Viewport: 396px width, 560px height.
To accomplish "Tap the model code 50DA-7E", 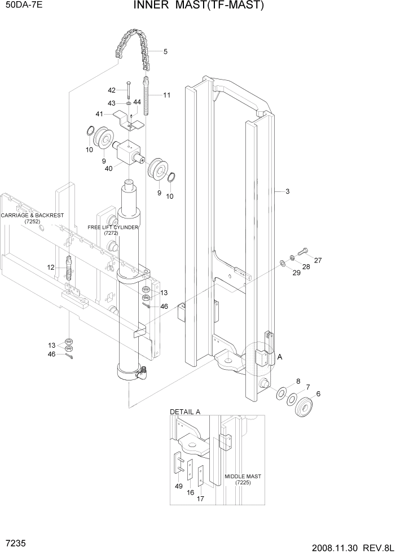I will tap(23, 7).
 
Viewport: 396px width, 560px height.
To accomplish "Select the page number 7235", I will tap(15, 542).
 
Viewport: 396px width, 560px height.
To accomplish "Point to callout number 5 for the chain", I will tap(165, 52).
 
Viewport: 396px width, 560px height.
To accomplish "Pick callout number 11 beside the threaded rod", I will tap(166, 95).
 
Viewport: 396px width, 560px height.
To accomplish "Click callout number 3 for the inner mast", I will tap(287, 192).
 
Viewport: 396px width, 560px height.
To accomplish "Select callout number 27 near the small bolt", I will tap(318, 260).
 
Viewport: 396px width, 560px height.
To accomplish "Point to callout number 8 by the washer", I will tap(298, 381).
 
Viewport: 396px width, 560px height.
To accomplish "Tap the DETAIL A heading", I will tap(185, 412).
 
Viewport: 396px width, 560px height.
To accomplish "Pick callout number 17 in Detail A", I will tap(200, 498).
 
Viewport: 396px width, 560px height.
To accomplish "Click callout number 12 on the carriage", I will tap(50, 267).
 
